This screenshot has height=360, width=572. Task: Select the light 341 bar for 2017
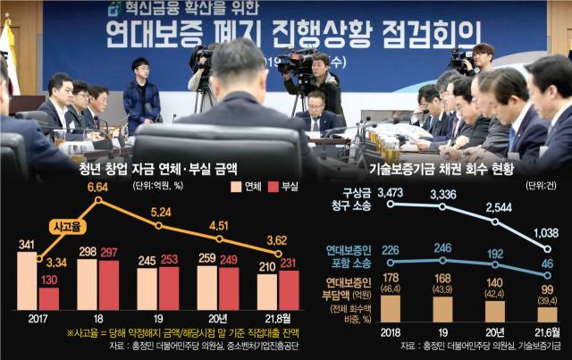pos(28,280)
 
